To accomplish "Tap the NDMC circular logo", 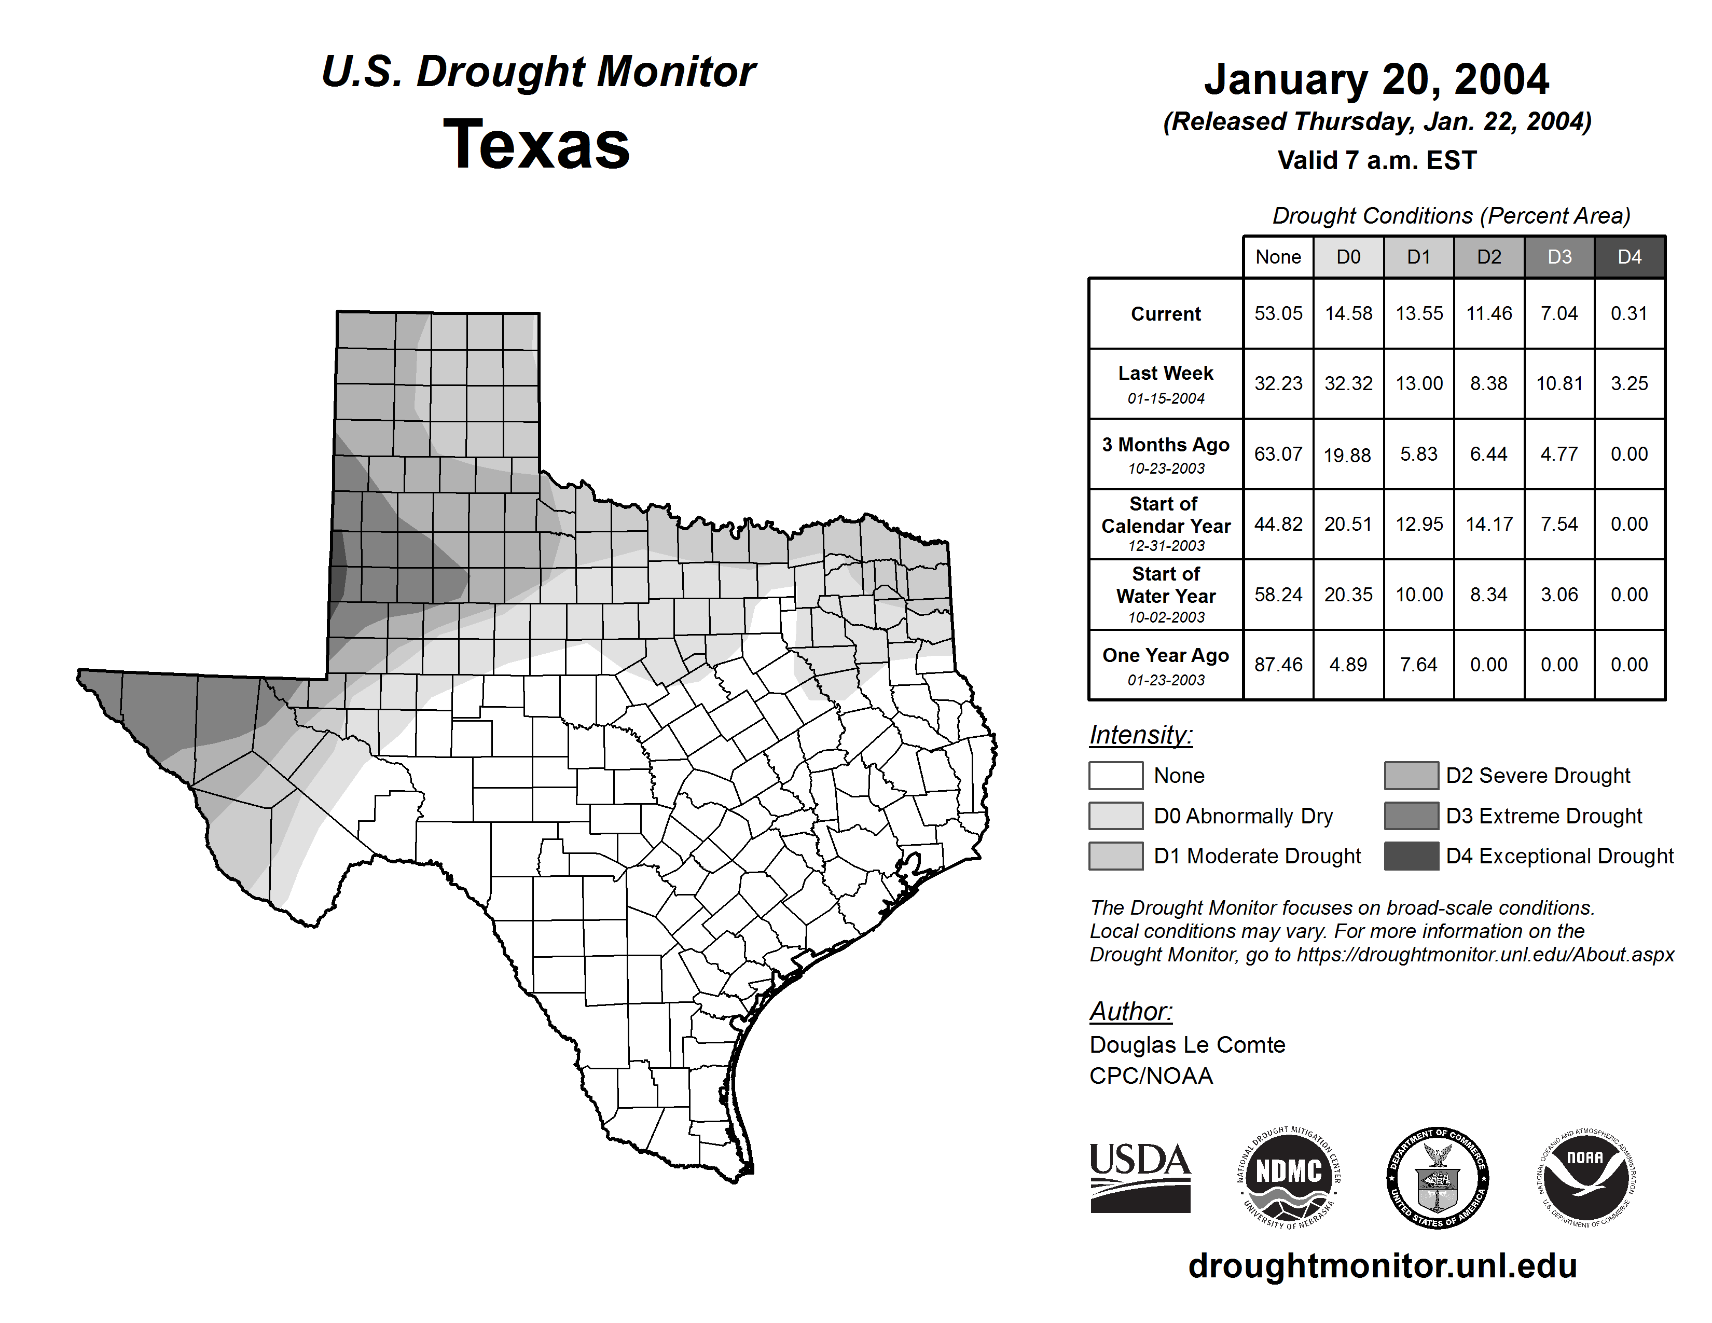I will tap(1289, 1177).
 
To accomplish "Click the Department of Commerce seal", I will tap(1437, 1177).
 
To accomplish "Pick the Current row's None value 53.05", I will tap(1278, 313).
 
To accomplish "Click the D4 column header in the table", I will tap(1629, 257).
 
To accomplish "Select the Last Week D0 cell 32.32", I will tap(1348, 383).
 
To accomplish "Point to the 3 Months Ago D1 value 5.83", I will tap(1419, 454).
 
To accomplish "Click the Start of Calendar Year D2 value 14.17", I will tap(1488, 523).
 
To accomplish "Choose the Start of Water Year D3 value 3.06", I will tap(1559, 594).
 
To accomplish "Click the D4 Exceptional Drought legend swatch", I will tap(1411, 856).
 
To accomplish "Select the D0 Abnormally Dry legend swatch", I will tap(1115, 815).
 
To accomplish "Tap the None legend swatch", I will tap(1115, 775).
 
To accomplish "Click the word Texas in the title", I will tap(536, 144).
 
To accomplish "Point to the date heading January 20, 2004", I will tap(1376, 79).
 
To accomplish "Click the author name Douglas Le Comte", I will tap(1187, 1045).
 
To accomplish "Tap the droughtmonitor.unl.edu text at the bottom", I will tap(1383, 1266).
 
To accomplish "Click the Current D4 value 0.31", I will tap(1629, 313).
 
